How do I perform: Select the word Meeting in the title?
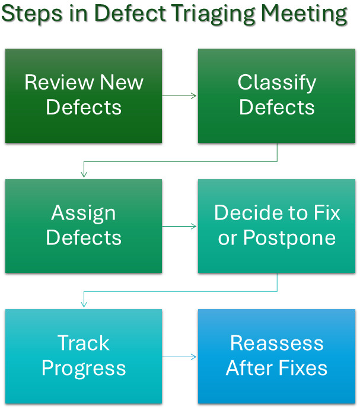click(307, 14)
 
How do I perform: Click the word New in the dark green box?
click(122, 82)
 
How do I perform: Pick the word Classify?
click(277, 82)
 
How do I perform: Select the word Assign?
click(84, 213)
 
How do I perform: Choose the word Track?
click(84, 343)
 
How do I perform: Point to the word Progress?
click(84, 368)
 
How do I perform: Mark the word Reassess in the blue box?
click(277, 343)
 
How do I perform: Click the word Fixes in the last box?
click(302, 368)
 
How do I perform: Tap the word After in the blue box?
click(251, 368)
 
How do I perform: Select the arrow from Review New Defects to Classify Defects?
click(180, 96)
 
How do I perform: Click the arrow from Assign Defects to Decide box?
click(180, 226)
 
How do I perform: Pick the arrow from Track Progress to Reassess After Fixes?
click(180, 357)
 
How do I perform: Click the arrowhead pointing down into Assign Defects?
click(84, 174)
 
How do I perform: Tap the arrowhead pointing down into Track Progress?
click(84, 304)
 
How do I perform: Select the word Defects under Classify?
click(277, 107)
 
